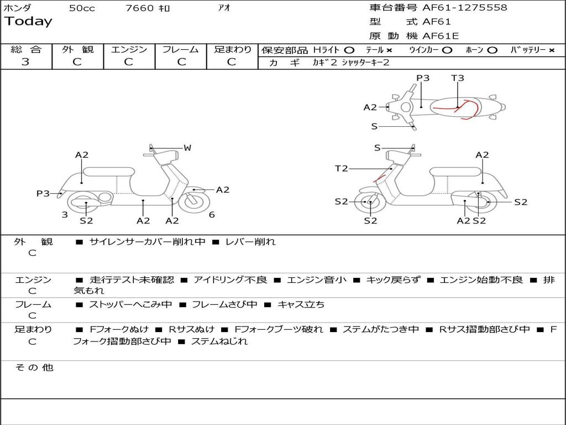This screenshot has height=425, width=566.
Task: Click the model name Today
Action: (x=28, y=22)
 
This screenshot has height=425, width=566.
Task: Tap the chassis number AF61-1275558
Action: (x=464, y=8)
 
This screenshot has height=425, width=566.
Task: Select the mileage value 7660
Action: (x=139, y=8)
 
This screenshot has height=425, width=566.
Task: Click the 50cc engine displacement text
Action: (x=82, y=8)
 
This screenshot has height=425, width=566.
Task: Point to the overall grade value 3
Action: (x=25, y=62)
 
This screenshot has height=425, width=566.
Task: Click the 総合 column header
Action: (x=25, y=49)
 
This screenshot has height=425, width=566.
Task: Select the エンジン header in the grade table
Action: (x=129, y=49)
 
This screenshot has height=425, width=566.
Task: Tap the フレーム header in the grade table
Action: (x=180, y=49)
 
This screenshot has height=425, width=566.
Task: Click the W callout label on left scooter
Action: (x=187, y=148)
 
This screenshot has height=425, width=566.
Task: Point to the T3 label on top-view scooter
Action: (x=458, y=78)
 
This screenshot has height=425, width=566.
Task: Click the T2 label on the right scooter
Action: (x=342, y=168)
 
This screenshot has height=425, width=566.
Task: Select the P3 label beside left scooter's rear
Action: (x=43, y=193)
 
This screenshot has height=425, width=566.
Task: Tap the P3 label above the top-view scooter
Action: (x=423, y=78)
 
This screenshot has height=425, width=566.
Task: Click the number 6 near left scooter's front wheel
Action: (x=212, y=215)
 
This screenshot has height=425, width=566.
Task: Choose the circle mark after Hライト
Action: (x=349, y=50)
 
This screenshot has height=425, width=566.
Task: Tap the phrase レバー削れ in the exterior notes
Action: (x=250, y=242)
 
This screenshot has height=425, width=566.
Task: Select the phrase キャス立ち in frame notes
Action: (x=301, y=304)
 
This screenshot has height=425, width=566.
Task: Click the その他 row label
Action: (x=34, y=367)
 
